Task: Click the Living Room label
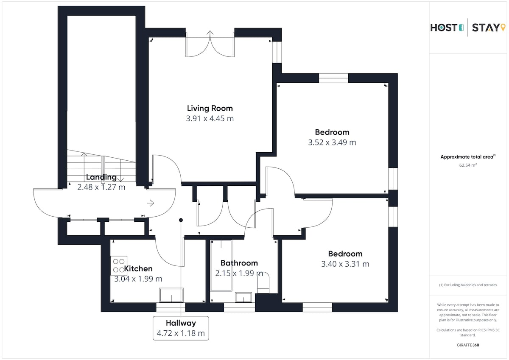pyautogui.click(x=210, y=109)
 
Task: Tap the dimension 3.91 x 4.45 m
pyautogui.click(x=210, y=119)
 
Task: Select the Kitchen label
pyautogui.click(x=138, y=269)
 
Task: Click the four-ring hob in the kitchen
pyautogui.click(x=119, y=265)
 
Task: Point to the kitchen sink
pyautogui.click(x=171, y=295)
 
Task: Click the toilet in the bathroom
pyautogui.click(x=263, y=282)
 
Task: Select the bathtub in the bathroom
pyautogui.click(x=221, y=265)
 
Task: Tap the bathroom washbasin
pyautogui.click(x=243, y=297)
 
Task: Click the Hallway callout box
pyautogui.click(x=181, y=328)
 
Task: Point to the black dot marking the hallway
pyautogui.click(x=181, y=220)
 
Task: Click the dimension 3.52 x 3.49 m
pyautogui.click(x=332, y=142)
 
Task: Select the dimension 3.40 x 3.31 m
pyautogui.click(x=345, y=264)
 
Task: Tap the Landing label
pyautogui.click(x=101, y=177)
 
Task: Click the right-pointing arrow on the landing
pyautogui.click(x=151, y=203)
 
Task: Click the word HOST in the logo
pyautogui.click(x=444, y=28)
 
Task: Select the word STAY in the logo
pyautogui.click(x=485, y=28)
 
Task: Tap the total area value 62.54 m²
pyautogui.click(x=468, y=165)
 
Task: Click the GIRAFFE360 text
pyautogui.click(x=468, y=345)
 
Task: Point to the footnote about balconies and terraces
pyautogui.click(x=468, y=285)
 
